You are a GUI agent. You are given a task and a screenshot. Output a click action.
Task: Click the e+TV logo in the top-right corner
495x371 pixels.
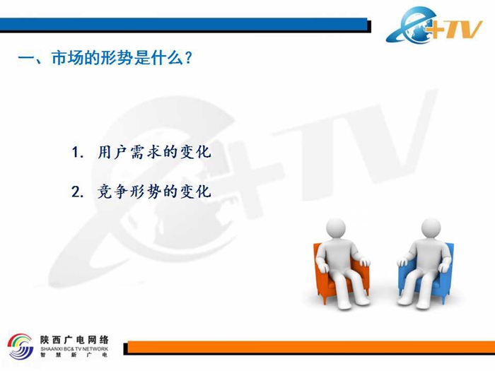click(x=434, y=25)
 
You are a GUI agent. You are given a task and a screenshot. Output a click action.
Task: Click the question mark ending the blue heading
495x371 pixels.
click(x=188, y=58)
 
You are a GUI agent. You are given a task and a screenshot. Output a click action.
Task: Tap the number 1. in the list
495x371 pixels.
click(x=78, y=152)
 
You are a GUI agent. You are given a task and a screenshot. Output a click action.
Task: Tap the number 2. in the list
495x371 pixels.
click(x=78, y=192)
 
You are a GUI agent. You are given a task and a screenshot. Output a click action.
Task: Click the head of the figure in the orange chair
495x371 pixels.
click(x=335, y=228)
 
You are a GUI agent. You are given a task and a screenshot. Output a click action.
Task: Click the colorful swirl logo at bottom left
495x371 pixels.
click(x=21, y=346)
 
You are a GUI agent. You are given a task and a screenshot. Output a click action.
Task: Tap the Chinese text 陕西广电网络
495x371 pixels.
click(x=74, y=340)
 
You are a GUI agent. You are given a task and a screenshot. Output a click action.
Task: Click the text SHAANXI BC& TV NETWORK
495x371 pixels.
click(x=74, y=349)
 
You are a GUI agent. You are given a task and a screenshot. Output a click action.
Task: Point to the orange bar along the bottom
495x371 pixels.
click(x=311, y=347)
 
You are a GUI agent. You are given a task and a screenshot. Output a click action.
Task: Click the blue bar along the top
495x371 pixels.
click(x=184, y=24)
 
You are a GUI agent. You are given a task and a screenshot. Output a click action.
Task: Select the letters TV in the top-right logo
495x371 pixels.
click(x=464, y=30)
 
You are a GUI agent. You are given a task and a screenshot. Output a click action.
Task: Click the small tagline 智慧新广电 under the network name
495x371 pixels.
click(x=74, y=355)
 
